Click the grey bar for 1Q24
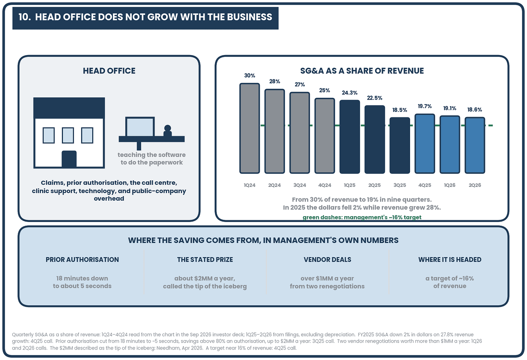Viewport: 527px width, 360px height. point(249,128)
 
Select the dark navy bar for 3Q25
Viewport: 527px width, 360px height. point(400,146)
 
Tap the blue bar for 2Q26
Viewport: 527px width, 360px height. point(475,146)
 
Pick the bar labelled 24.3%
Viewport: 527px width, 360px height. point(350,137)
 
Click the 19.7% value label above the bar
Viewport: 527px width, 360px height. point(425,106)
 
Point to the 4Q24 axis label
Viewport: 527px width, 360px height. point(324,185)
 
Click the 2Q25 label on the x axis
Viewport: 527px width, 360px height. point(374,185)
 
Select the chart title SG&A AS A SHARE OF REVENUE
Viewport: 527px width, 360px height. point(362,71)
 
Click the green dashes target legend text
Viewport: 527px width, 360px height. point(362,217)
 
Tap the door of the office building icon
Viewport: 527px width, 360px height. point(69,159)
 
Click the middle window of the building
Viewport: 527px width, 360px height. point(68,135)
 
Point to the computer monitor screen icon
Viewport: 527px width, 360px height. point(140,127)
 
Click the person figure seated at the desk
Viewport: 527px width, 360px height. point(168,131)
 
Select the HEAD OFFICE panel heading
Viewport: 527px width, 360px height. point(109,71)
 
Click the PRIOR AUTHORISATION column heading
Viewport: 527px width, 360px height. point(82,259)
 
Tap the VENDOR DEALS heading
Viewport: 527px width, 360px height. point(327,259)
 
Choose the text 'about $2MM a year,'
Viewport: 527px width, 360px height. point(205,278)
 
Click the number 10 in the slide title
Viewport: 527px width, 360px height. point(24,17)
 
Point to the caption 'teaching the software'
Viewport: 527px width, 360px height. point(152,155)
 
